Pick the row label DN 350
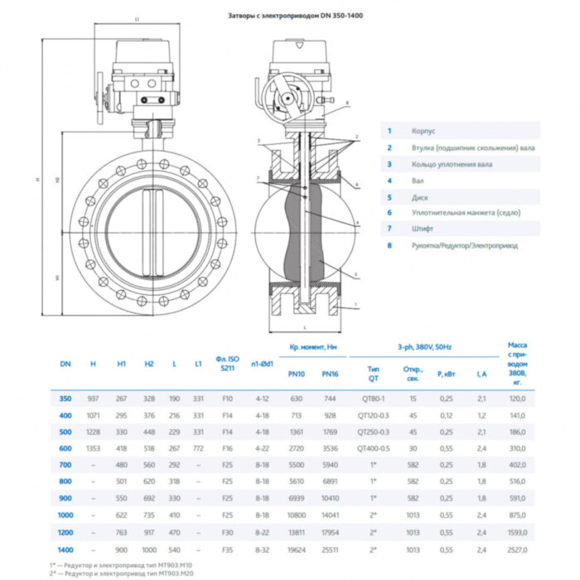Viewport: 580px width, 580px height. click(65, 399)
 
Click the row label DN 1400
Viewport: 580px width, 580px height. click(65, 549)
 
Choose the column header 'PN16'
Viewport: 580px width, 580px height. click(330, 374)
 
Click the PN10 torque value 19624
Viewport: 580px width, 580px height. click(296, 549)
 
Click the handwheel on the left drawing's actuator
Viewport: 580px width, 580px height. click(103, 94)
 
